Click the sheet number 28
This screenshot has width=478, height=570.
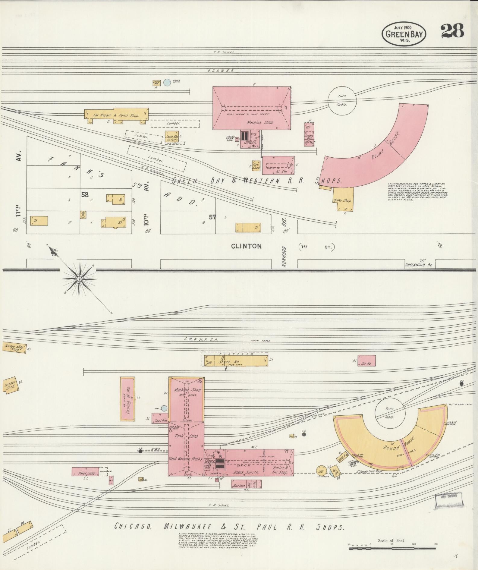[452, 31]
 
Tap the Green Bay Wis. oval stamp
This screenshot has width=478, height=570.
[404, 33]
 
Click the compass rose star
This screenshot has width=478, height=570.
[79, 279]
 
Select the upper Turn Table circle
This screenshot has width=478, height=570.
[342, 100]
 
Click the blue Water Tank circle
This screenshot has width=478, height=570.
[167, 82]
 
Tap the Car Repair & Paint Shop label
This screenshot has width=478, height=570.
[116, 115]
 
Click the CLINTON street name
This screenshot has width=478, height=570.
[246, 246]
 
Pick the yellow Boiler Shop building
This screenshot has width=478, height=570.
[343, 199]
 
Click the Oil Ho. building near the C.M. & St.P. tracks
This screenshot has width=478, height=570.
[366, 361]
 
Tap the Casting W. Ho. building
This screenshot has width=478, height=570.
[127, 398]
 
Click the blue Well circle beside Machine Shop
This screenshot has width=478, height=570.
[164, 408]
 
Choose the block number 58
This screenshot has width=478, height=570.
[85, 195]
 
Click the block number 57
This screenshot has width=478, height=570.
[212, 217]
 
